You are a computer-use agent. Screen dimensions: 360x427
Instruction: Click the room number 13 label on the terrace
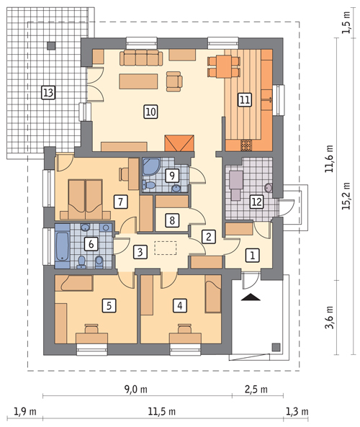[x=48, y=93]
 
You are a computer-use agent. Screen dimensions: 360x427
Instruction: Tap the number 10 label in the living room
[x=150, y=112]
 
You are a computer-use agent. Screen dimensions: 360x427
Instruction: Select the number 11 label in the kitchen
[x=244, y=99]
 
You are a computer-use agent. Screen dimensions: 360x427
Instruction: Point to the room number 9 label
[x=172, y=176]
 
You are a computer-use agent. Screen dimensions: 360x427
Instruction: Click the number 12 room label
[x=256, y=202]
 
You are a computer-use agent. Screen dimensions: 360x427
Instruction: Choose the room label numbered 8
[x=172, y=220]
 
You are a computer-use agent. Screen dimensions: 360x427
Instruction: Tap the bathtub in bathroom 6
[x=63, y=247]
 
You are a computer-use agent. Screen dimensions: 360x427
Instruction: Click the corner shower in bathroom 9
[x=152, y=166]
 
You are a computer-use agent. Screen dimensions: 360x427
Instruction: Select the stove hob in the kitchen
[x=246, y=145]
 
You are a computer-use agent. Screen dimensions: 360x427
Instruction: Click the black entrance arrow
[x=251, y=297]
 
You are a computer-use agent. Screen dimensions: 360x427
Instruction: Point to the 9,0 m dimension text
[x=136, y=390]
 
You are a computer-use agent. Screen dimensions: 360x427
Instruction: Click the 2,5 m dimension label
[x=256, y=390]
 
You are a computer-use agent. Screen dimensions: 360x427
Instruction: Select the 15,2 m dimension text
[x=346, y=196]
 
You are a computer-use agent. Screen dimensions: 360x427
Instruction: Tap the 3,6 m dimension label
[x=329, y=318]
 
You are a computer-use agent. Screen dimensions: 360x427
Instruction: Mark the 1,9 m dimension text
[x=25, y=411]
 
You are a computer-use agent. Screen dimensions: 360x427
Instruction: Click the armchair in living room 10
[x=174, y=81]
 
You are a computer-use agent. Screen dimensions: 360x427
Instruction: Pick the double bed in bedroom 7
[x=86, y=199]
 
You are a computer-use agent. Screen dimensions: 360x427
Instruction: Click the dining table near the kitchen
[x=224, y=66]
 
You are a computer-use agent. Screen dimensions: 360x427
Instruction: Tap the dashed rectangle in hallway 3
[x=166, y=248]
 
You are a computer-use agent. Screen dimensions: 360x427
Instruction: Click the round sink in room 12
[x=269, y=188]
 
